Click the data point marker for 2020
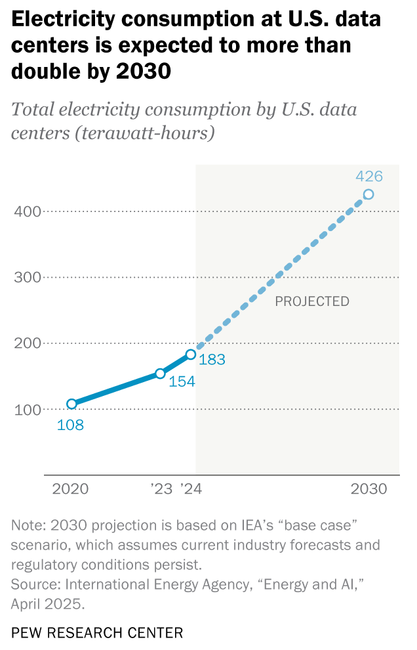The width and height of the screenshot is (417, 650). tap(71, 404)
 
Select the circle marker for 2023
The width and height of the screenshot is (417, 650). tap(160, 374)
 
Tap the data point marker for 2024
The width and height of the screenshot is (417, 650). tap(190, 355)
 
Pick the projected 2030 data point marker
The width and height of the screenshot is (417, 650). tap(368, 194)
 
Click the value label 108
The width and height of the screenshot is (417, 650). tap(70, 425)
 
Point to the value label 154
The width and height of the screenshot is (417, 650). tap(182, 381)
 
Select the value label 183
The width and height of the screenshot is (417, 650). tap(212, 359)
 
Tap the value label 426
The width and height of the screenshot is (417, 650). tap(368, 176)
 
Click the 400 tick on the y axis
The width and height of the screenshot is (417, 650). tap(27, 211)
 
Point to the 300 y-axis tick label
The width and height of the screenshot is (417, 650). tap(27, 277)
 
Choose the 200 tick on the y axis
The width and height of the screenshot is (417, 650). tap(27, 343)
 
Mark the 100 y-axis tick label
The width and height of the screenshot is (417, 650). tap(27, 409)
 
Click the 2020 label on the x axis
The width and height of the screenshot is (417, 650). tap(70, 489)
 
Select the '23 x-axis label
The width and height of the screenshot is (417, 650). tap(161, 489)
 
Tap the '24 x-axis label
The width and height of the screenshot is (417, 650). tap(191, 489)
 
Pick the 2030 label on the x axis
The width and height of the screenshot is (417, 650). tap(370, 489)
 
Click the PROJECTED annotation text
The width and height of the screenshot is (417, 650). tap(311, 301)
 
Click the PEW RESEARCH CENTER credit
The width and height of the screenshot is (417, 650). tap(97, 633)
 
